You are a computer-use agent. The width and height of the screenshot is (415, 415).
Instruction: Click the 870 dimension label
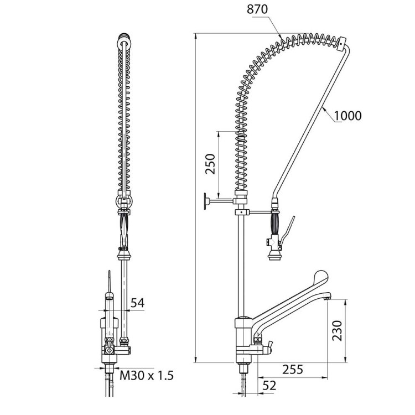257,9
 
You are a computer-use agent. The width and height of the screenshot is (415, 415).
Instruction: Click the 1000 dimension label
348,116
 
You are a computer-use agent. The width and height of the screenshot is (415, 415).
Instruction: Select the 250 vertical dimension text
211,164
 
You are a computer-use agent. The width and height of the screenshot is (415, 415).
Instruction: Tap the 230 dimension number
337,330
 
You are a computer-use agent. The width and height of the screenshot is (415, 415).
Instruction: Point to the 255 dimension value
293,370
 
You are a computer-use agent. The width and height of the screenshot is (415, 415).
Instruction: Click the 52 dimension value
269,386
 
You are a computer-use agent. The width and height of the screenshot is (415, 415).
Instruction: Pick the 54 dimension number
138,303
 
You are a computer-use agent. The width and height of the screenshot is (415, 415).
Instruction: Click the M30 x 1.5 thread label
147,375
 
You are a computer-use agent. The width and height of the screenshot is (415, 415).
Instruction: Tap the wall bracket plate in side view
205,201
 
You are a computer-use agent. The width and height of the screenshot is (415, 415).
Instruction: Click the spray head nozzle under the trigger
274,256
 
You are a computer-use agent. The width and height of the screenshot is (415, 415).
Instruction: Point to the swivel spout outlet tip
328,298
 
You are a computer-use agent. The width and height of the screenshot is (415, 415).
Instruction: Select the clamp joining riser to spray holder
242,212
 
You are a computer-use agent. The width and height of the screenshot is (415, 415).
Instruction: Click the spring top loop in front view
123,39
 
